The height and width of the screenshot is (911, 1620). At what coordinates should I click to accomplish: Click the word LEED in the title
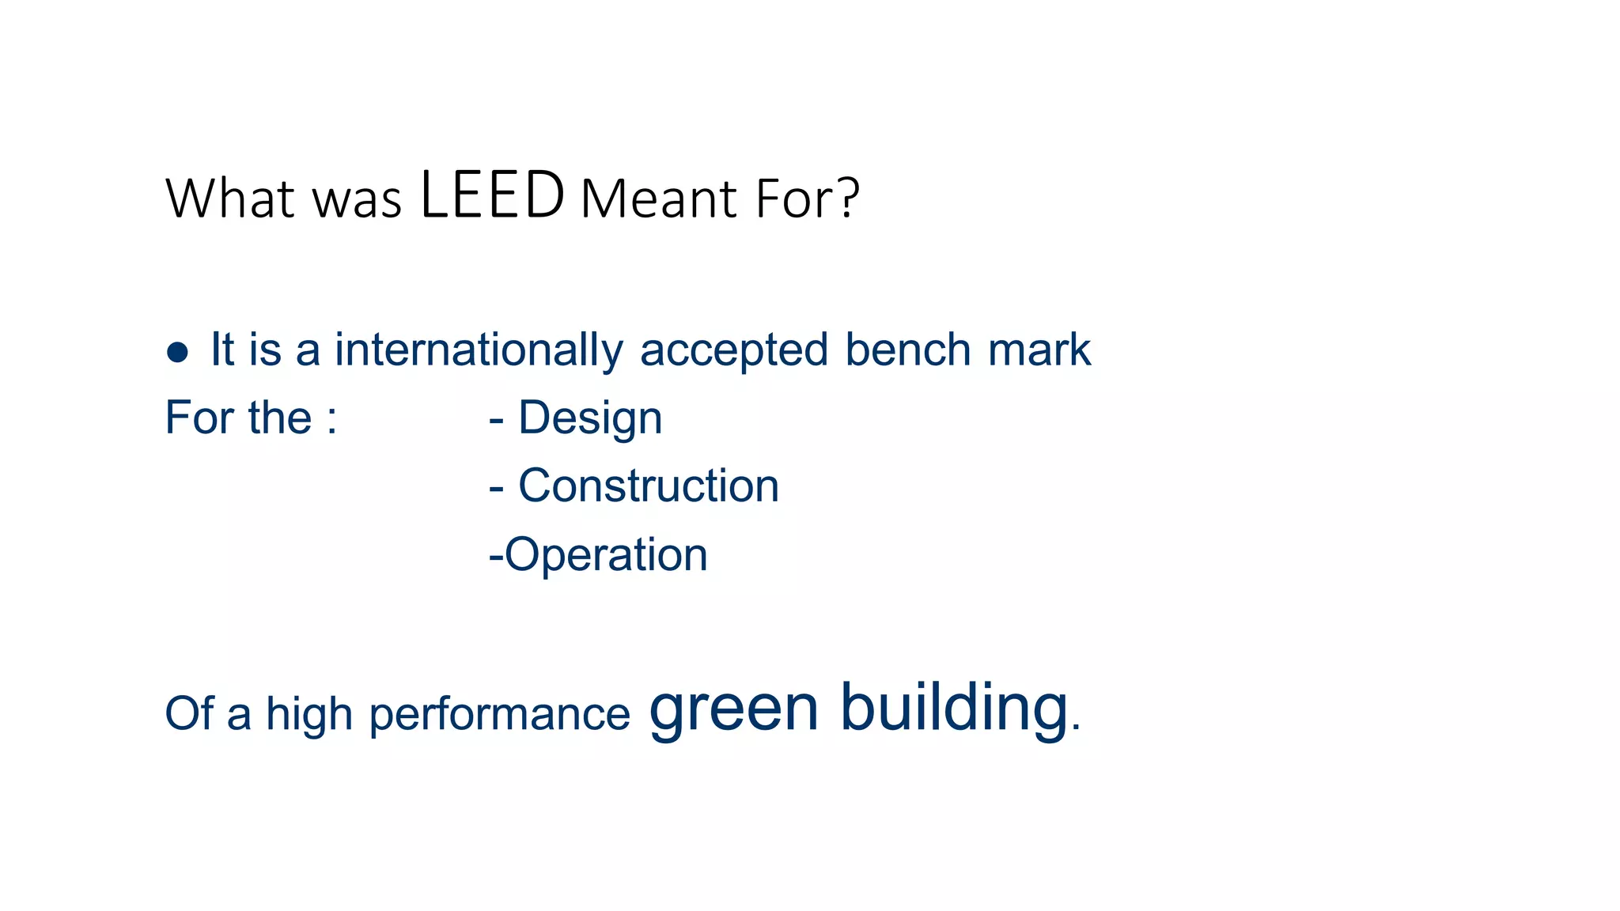pyautogui.click(x=492, y=195)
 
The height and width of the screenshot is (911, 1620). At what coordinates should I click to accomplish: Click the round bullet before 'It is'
pyautogui.click(x=177, y=352)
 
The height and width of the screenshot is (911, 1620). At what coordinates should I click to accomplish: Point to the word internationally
pyautogui.click(x=479, y=350)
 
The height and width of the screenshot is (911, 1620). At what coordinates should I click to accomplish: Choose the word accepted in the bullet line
pyautogui.click(x=733, y=351)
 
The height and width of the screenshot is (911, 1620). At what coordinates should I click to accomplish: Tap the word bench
pyautogui.click(x=907, y=350)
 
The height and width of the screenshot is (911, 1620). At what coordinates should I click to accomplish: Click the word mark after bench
pyautogui.click(x=1039, y=350)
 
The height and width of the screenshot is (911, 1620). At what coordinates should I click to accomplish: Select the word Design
pyautogui.click(x=590, y=419)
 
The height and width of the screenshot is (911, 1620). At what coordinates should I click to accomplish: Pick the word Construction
pyautogui.click(x=649, y=486)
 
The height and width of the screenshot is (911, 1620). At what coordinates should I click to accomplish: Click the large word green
pyautogui.click(x=733, y=708)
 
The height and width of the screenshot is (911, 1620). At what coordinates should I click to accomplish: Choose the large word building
pyautogui.click(x=954, y=708)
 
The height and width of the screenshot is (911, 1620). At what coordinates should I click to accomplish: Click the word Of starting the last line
pyautogui.click(x=188, y=713)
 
